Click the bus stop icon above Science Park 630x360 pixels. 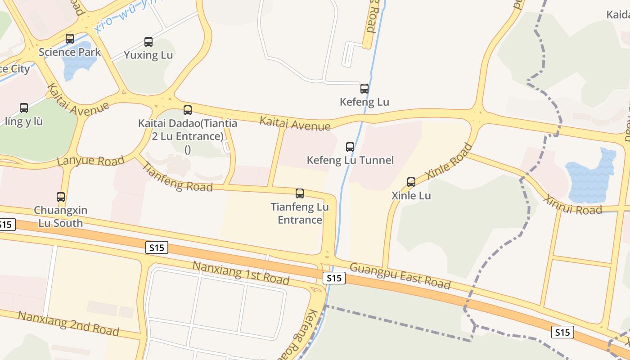click(70, 39)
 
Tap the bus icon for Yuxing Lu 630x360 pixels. click(148, 42)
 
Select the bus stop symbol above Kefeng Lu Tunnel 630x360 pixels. click(350, 147)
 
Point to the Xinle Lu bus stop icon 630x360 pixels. click(411, 182)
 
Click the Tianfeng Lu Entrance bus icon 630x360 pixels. click(300, 193)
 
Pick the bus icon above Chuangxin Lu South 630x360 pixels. click(61, 197)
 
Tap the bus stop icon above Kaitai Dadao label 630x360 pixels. click(188, 110)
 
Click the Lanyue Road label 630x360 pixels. click(91, 161)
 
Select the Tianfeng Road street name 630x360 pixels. click(177, 177)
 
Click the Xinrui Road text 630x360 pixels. click(572, 205)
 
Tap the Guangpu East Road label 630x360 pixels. click(400, 276)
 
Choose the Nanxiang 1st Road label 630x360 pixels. click(241, 272)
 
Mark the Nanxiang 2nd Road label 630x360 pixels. click(68, 323)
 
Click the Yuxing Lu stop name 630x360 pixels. click(148, 55)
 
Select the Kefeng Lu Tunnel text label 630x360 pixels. click(350, 160)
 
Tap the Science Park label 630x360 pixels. click(70, 52)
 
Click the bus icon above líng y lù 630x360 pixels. click(24, 108)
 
